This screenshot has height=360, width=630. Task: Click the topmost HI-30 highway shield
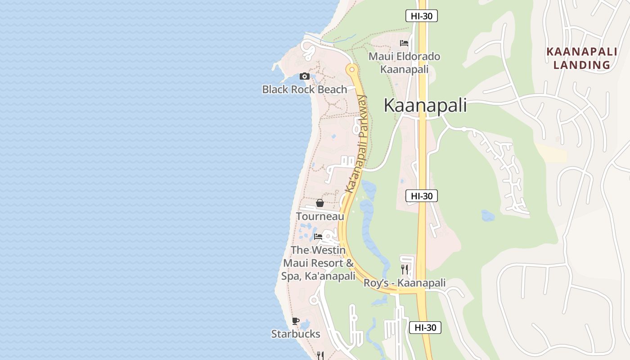[422, 16]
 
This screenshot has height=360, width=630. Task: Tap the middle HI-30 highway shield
[422, 196]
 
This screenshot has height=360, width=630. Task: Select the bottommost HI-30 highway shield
[425, 328]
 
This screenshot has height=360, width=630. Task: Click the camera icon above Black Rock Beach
[305, 76]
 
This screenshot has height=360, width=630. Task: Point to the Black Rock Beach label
[305, 90]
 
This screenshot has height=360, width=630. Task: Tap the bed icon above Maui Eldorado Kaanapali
[404, 43]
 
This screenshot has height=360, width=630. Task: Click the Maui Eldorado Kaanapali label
[404, 63]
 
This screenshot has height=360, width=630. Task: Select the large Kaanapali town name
[425, 105]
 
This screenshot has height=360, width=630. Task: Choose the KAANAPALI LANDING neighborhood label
[581, 58]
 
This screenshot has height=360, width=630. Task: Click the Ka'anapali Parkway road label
[356, 144]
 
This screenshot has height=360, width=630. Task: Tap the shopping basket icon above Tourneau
[320, 203]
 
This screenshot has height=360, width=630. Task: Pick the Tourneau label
[320, 216]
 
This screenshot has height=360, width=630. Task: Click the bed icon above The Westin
[318, 236]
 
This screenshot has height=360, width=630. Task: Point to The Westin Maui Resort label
[318, 263]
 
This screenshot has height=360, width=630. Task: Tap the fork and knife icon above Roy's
[405, 269]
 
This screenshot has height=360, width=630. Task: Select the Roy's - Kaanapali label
[405, 283]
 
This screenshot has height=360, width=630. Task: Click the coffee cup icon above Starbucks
[296, 321]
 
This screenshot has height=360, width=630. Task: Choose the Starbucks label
[296, 334]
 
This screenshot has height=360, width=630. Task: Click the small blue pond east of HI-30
[488, 216]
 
